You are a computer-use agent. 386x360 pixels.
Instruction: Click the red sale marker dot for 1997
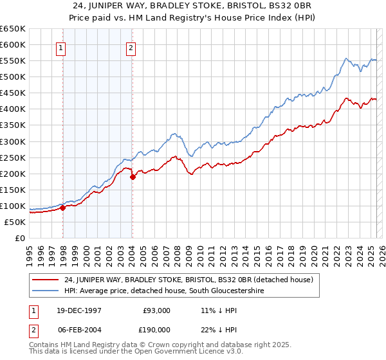(x=63, y=208)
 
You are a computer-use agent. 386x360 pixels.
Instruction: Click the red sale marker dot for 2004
(x=133, y=176)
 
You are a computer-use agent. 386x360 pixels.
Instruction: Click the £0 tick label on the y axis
(x=19, y=239)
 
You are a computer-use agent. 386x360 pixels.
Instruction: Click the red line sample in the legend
(x=46, y=280)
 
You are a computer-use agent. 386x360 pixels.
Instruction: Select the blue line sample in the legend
(x=46, y=291)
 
